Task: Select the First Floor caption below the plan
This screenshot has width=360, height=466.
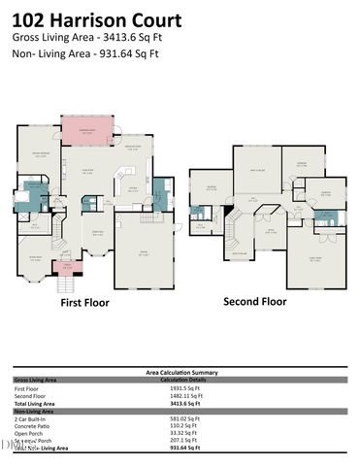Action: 84,302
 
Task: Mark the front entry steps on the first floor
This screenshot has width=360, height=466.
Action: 67,283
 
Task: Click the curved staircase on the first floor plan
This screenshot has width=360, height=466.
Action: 59,233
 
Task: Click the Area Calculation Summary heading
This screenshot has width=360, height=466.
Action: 180,372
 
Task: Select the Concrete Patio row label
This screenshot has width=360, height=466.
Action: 33,425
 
